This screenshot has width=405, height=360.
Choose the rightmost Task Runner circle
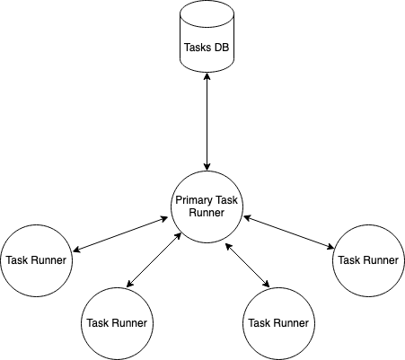click(x=367, y=260)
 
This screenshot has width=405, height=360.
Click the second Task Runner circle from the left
click(x=116, y=322)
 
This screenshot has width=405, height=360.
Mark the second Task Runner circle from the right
click(x=278, y=322)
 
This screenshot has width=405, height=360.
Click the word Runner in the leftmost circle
click(x=48, y=260)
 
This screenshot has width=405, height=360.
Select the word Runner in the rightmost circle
click(x=380, y=260)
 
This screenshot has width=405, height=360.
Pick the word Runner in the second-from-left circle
click(x=128, y=322)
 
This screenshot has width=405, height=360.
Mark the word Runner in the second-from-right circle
click(x=291, y=322)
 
